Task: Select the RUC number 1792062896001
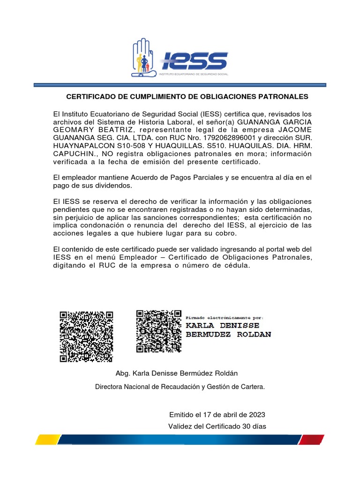[227, 138]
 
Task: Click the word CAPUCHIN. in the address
[74, 154]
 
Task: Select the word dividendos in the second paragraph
[112, 185]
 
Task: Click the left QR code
[86, 337]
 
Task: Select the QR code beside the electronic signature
[158, 331]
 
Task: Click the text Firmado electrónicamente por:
[225, 317]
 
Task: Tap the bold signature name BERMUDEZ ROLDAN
[228, 334]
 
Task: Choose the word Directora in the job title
[109, 387]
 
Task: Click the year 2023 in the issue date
[256, 414]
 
